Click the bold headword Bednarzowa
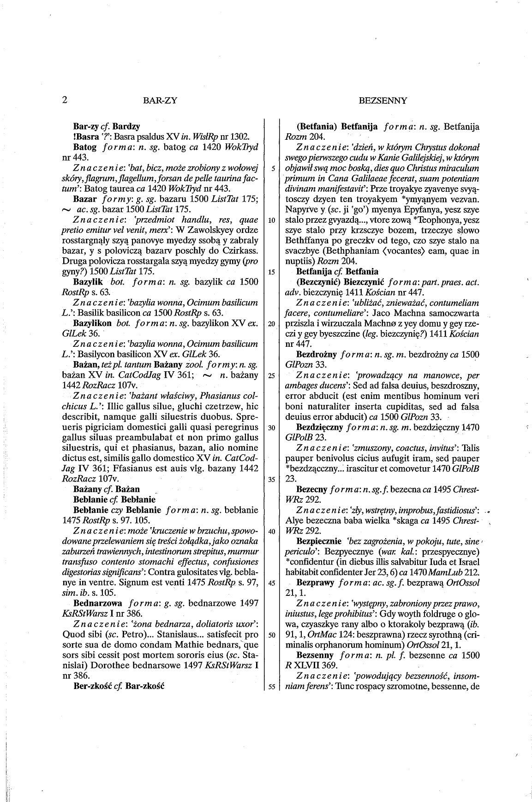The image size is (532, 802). [x=97, y=603]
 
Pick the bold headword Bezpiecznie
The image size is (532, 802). [x=319, y=541]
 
